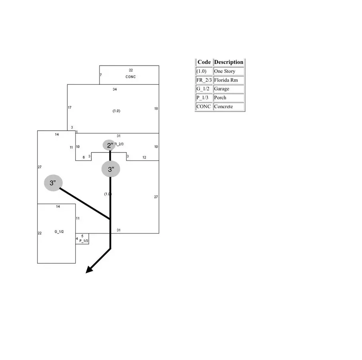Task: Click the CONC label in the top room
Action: click(x=131, y=76)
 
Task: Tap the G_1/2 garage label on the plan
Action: click(x=59, y=232)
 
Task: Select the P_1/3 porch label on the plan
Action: click(x=83, y=241)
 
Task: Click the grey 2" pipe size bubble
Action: click(x=109, y=145)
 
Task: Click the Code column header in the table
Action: click(x=204, y=62)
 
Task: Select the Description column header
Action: click(x=228, y=62)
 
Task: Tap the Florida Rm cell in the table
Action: click(x=226, y=80)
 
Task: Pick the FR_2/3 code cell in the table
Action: click(x=204, y=80)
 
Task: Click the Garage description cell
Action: click(x=222, y=89)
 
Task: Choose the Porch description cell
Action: click(x=220, y=98)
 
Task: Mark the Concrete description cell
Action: click(x=223, y=106)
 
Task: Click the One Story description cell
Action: click(x=224, y=71)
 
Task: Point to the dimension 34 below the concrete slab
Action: click(x=115, y=89)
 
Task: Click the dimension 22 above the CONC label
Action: click(x=131, y=70)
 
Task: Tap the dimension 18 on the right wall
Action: click(x=156, y=108)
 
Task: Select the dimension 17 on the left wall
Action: click(x=70, y=108)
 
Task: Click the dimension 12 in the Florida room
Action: click(x=144, y=157)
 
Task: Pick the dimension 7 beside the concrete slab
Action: click(x=101, y=75)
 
